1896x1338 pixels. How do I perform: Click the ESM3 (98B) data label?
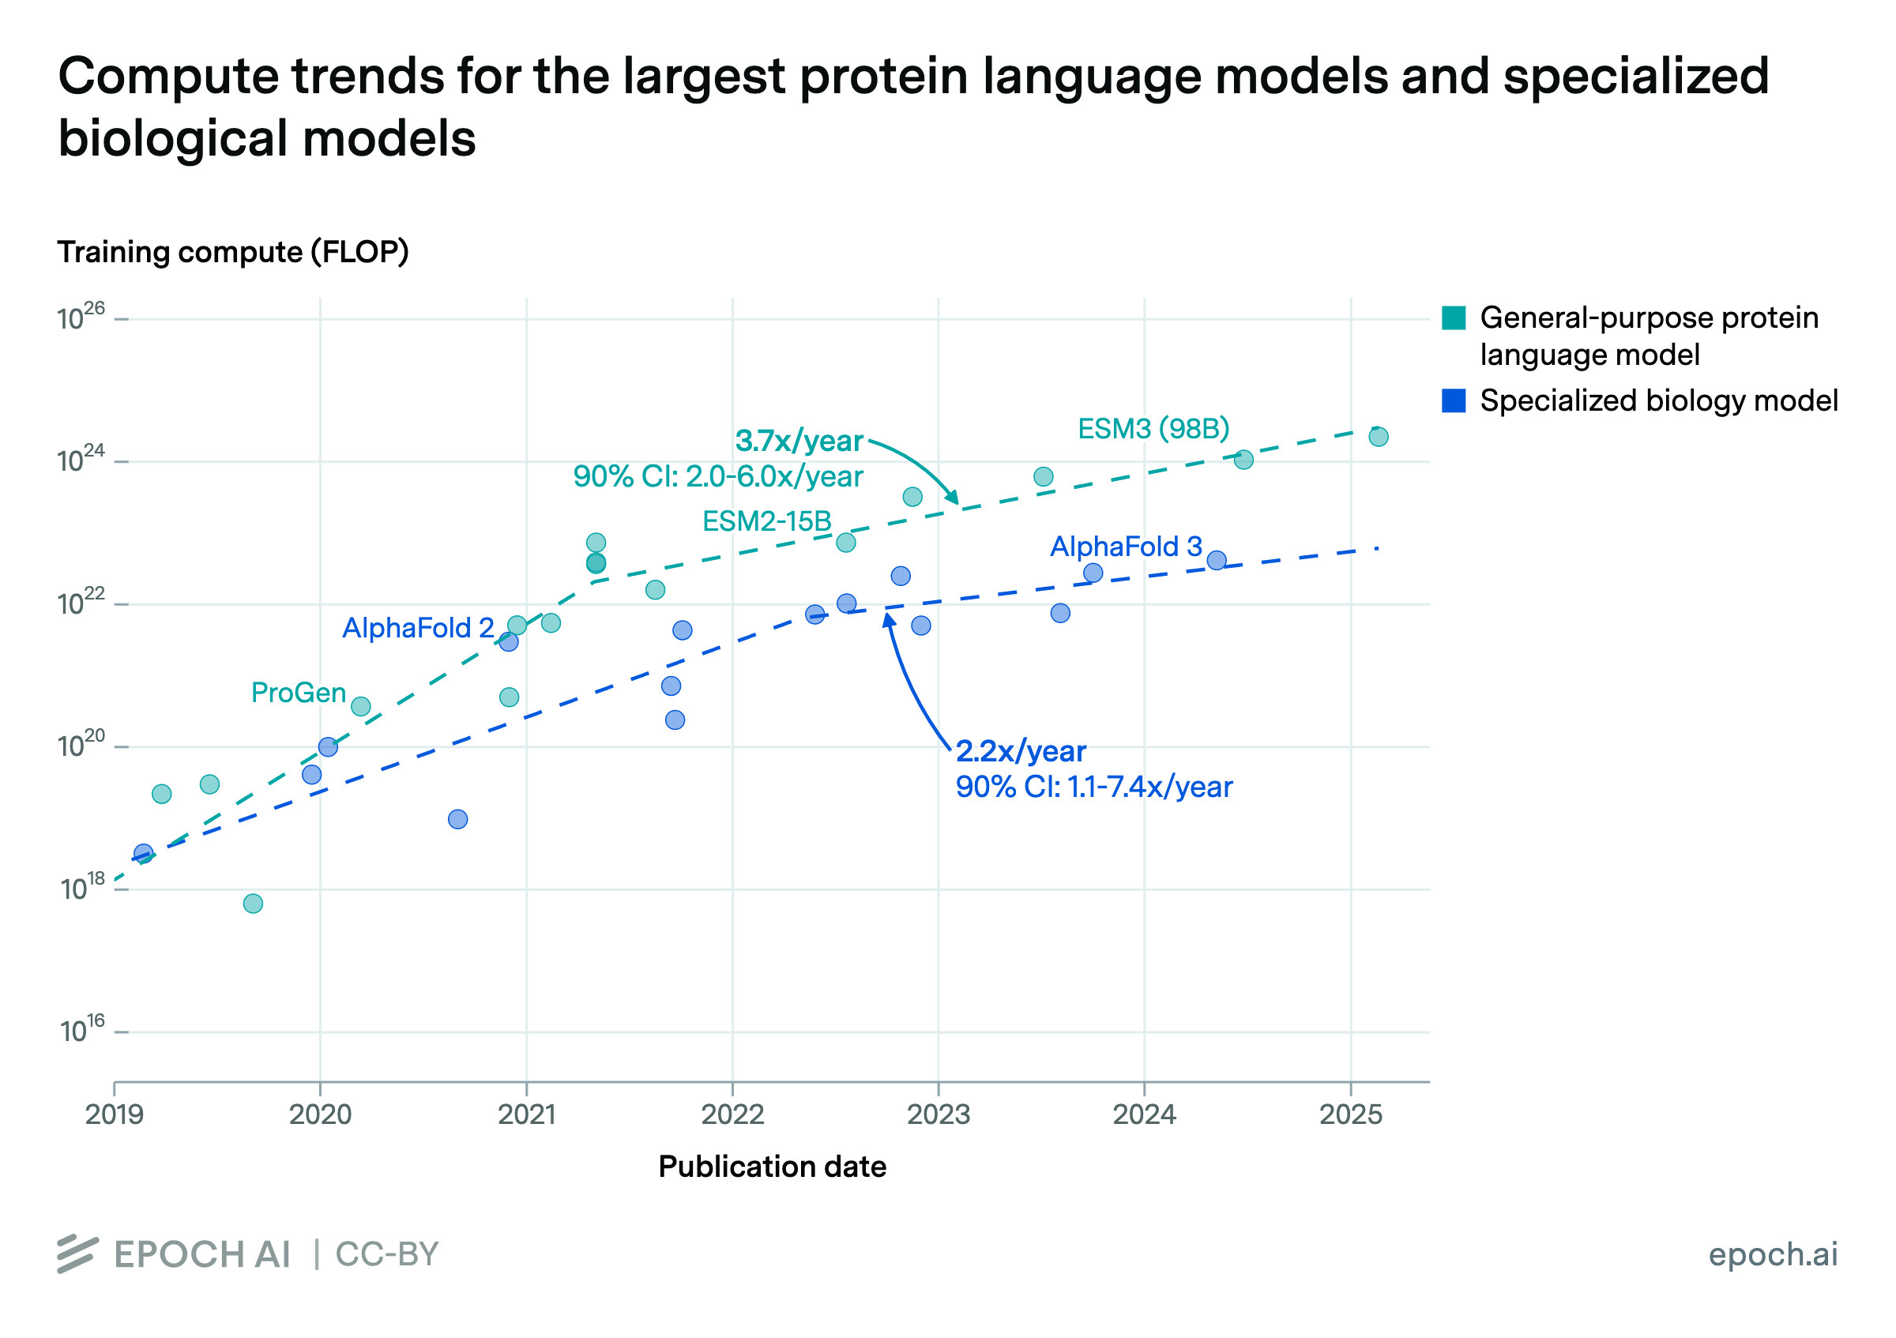tap(1153, 429)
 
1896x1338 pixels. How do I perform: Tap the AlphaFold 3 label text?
tap(1126, 547)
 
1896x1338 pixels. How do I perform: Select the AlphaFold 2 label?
tap(418, 628)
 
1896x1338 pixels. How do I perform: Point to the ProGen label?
tap(298, 693)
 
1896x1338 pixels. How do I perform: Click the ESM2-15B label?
tap(766, 521)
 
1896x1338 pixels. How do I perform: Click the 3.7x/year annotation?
tap(799, 442)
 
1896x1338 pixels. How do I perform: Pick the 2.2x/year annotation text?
tap(1021, 752)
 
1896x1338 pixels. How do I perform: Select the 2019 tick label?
tap(115, 1114)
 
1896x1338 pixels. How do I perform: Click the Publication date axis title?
tap(772, 1167)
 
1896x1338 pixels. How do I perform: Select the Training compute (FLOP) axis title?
tap(233, 253)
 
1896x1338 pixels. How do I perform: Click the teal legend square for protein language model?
tap(1454, 318)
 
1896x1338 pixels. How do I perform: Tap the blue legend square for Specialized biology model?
tap(1454, 401)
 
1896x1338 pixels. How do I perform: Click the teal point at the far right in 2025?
tap(1379, 437)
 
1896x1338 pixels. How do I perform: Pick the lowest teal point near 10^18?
tap(254, 904)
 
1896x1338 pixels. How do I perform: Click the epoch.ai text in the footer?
tap(1773, 1254)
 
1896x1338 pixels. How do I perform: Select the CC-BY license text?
tap(386, 1254)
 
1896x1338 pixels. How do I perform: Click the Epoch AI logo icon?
tap(77, 1254)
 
